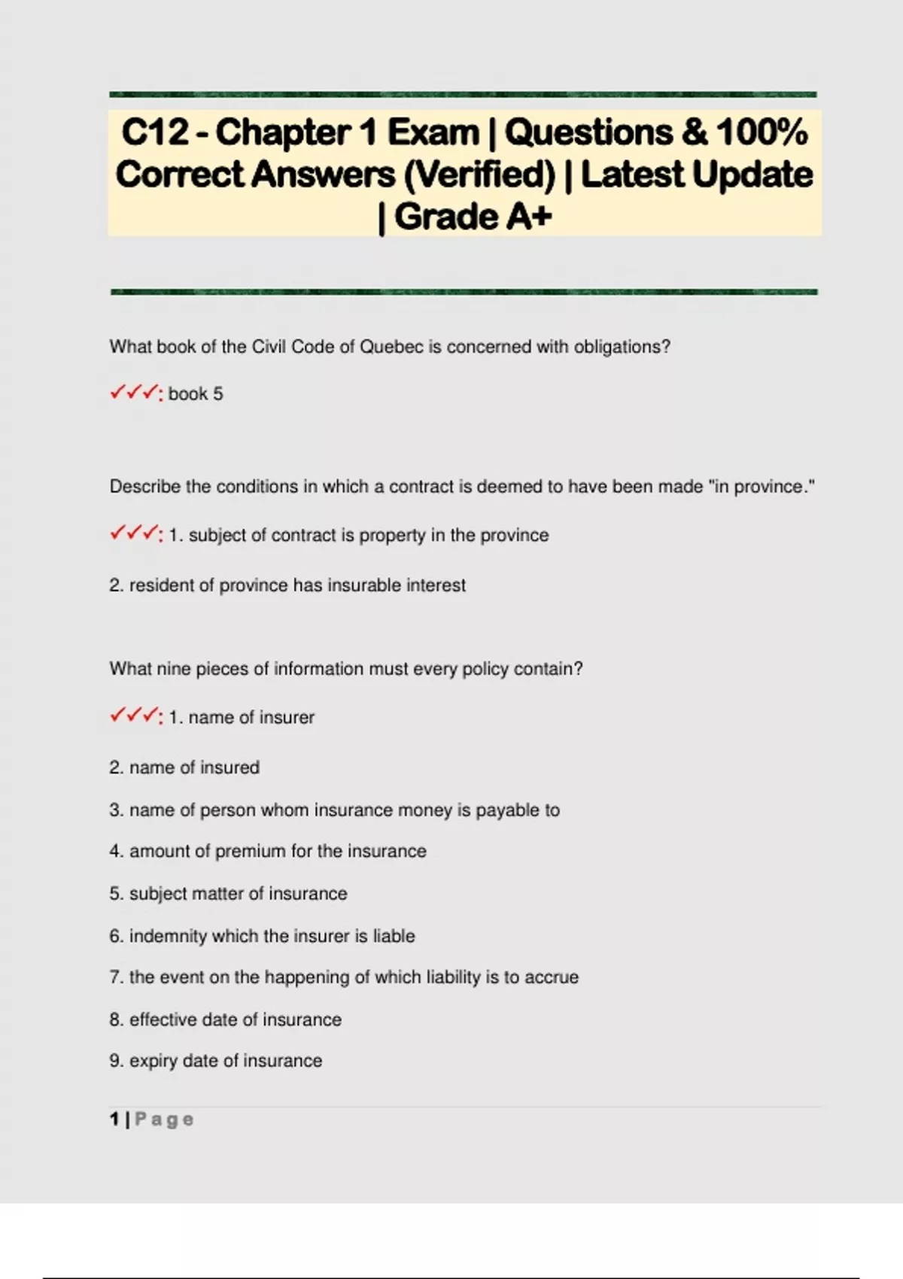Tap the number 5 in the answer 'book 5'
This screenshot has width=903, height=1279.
tap(217, 394)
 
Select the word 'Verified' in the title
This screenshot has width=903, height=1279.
tap(479, 175)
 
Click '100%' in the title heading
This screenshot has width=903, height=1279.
tap(762, 132)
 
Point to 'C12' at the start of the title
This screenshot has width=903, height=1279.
tap(155, 132)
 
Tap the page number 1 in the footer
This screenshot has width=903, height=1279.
tap(114, 1120)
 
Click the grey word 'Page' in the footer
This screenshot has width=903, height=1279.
tap(164, 1120)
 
